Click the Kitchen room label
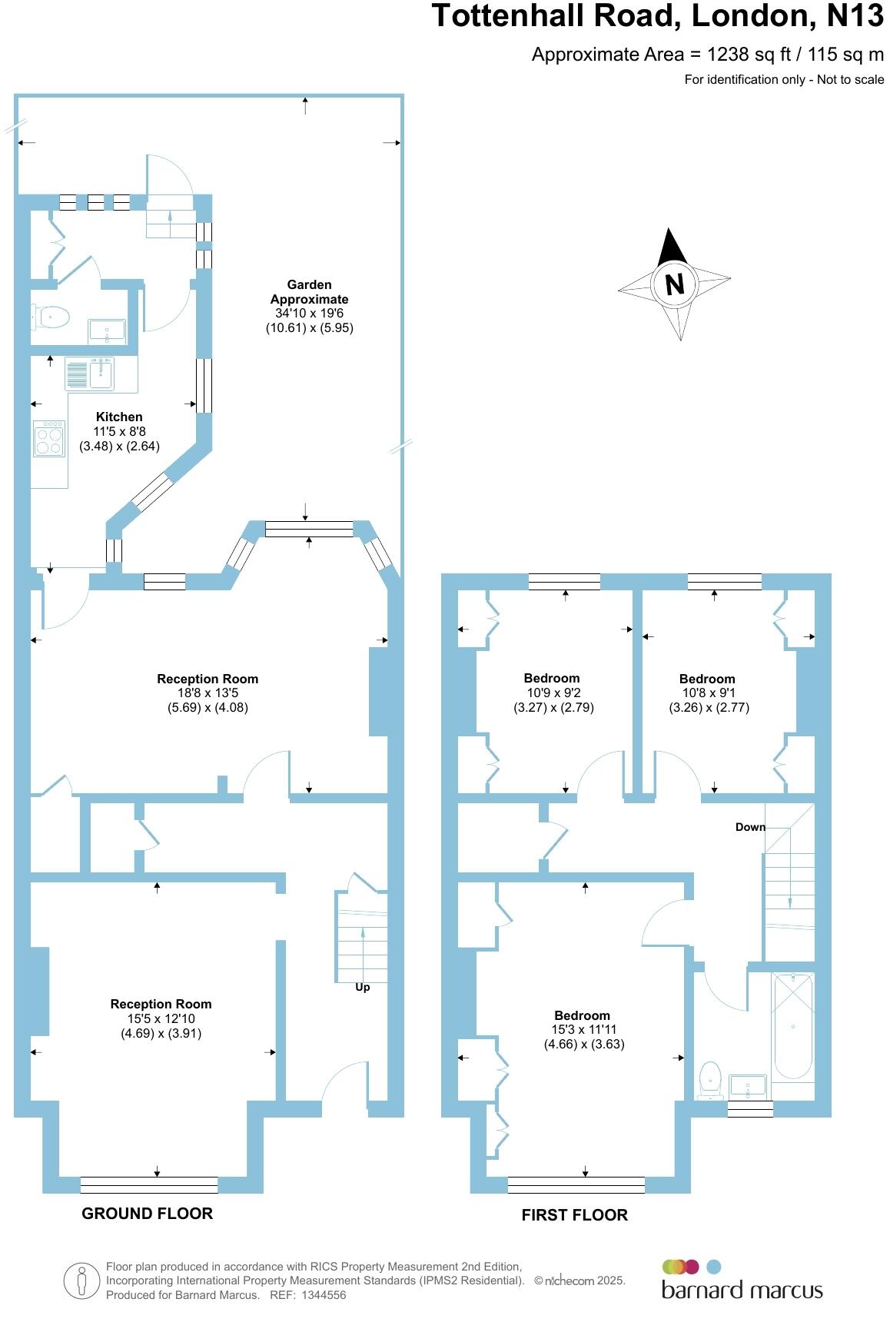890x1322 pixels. click(119, 417)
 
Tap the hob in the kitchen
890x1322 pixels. click(49, 438)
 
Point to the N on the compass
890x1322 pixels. click(674, 284)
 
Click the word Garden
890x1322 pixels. click(309, 284)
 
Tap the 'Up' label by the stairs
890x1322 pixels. click(362, 987)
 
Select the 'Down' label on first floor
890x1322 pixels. click(750, 827)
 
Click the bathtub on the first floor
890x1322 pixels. click(792, 1026)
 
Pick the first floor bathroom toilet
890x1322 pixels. click(710, 1079)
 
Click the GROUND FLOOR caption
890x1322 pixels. click(147, 1214)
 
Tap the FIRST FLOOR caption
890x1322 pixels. click(574, 1215)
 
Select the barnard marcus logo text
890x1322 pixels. click(742, 1290)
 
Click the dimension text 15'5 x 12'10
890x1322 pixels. click(161, 1018)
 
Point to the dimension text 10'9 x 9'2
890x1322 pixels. click(552, 693)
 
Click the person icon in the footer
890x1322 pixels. click(81, 1281)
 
